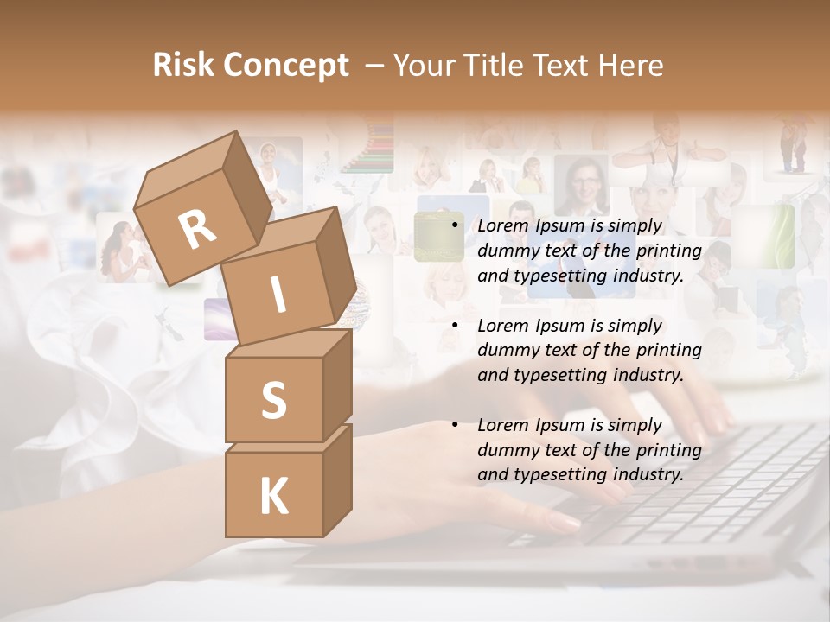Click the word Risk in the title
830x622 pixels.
pyautogui.click(x=183, y=66)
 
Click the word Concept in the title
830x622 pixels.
pyautogui.click(x=285, y=67)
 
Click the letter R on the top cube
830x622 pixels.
pyautogui.click(x=197, y=231)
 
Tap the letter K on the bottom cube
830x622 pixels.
pyautogui.click(x=273, y=497)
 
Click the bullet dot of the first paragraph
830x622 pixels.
pyautogui.click(x=454, y=226)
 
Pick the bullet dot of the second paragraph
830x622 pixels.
pyautogui.click(x=454, y=326)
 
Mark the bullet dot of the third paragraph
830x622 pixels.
pyautogui.click(x=454, y=425)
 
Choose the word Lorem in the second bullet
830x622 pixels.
pyautogui.click(x=502, y=325)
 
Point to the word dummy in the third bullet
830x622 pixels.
pyautogui.click(x=507, y=450)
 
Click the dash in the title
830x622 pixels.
pyautogui.click(x=375, y=67)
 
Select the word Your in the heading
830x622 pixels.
pyautogui.click(x=425, y=66)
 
